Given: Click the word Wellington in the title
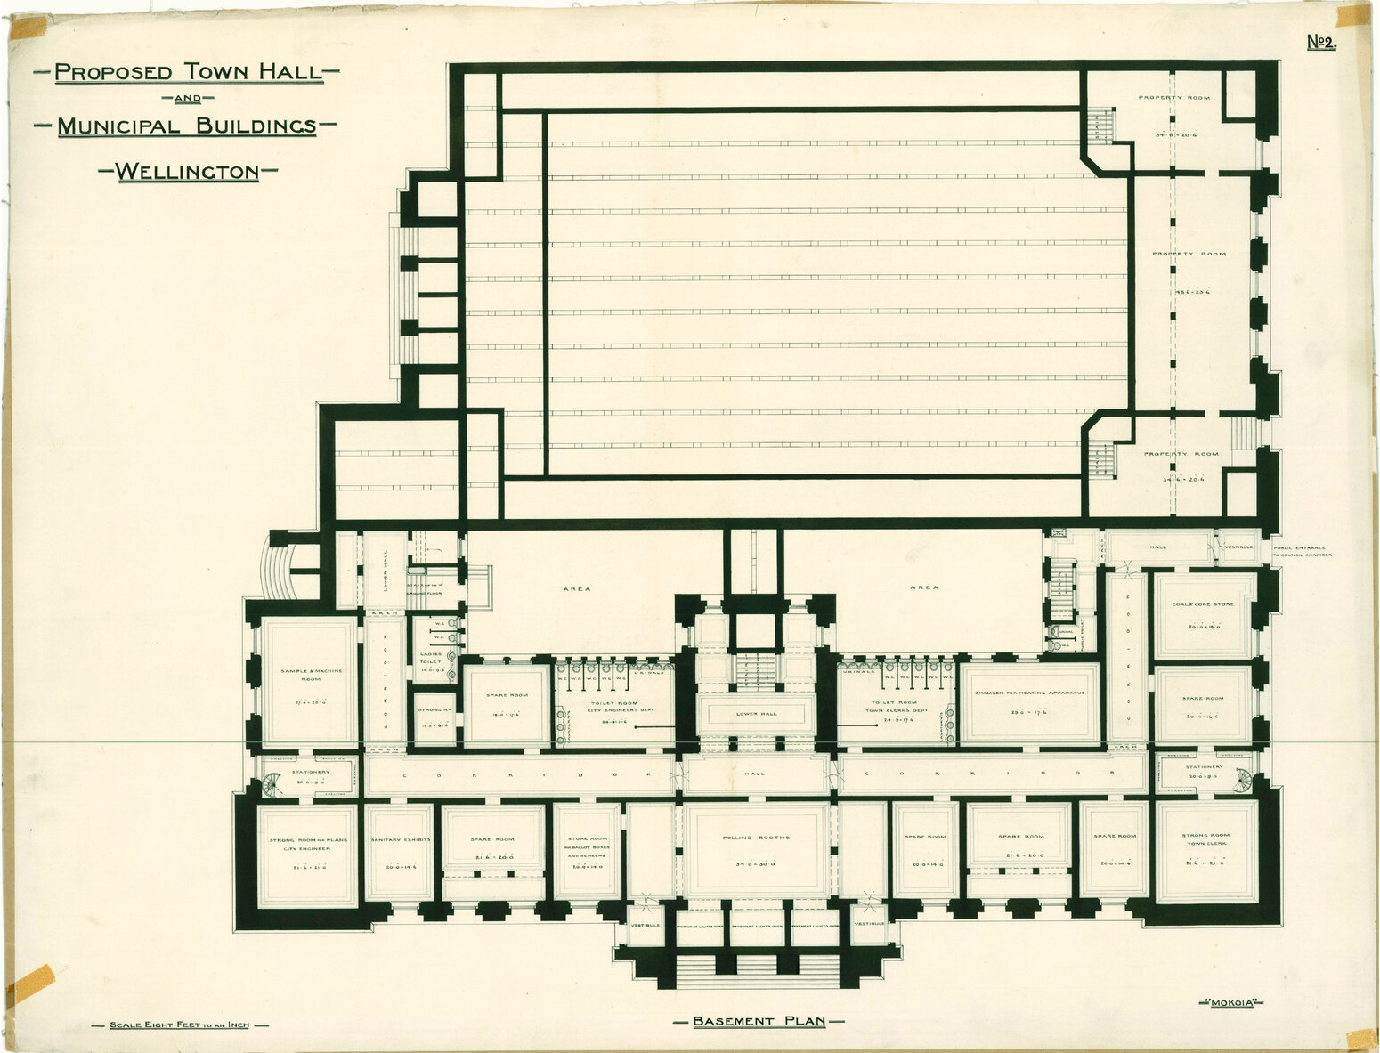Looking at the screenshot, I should tap(188, 171).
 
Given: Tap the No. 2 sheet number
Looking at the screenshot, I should tap(1321, 42).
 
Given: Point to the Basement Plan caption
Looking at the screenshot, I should tap(759, 1021).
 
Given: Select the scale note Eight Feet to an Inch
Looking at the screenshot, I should tap(179, 1025).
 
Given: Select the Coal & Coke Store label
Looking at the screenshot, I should tap(1204, 604).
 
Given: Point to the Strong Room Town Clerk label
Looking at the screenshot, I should tap(1205, 838).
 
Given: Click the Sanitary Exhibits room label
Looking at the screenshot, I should tap(399, 838).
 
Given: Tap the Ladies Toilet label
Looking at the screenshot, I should tap(430, 658).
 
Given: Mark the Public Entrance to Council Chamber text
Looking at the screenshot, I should tap(1302, 551).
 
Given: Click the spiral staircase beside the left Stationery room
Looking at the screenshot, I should tap(272, 785).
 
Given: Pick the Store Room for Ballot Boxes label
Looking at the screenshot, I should tap(587, 844).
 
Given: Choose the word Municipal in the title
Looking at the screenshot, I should tap(121, 126).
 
